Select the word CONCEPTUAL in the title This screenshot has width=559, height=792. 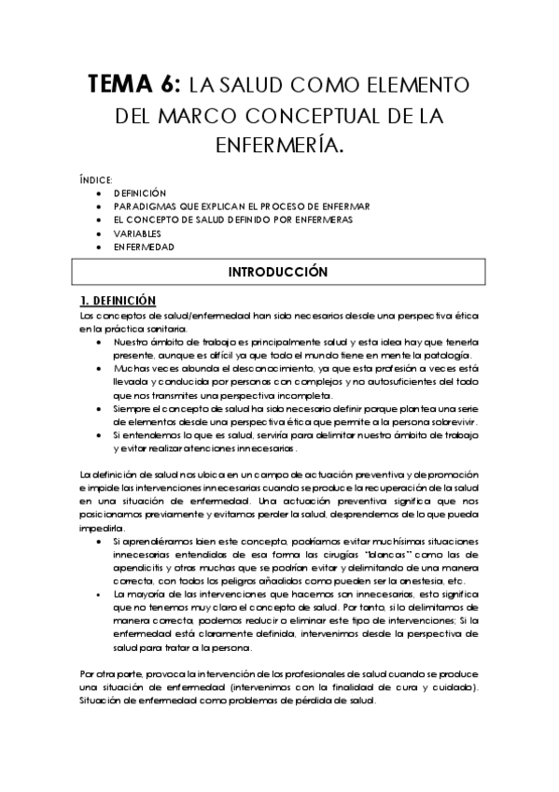point(320,116)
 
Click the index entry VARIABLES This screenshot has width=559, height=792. point(138,233)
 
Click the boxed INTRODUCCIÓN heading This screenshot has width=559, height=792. point(279,273)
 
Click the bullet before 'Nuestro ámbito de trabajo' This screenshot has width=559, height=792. point(100,342)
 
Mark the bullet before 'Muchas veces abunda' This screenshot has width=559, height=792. point(100,370)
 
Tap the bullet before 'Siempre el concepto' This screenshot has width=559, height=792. point(100,410)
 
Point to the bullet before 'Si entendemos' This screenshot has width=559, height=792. point(100,437)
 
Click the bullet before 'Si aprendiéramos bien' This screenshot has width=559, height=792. point(100,543)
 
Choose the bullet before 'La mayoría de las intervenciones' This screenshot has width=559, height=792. point(100,594)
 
